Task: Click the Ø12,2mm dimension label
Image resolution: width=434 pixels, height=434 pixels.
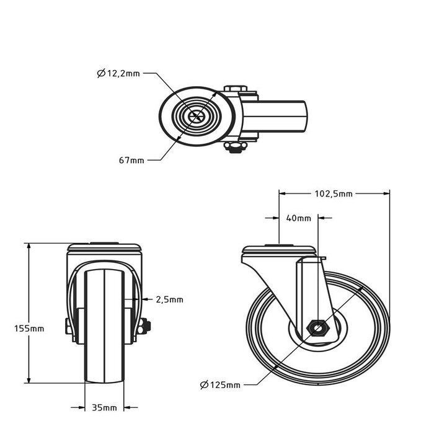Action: (119, 73)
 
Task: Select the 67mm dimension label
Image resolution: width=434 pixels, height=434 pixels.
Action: (131, 160)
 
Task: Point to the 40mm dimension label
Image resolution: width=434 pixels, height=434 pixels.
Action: (299, 218)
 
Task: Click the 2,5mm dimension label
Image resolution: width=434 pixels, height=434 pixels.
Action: (169, 299)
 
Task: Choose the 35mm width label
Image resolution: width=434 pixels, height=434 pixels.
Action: (104, 407)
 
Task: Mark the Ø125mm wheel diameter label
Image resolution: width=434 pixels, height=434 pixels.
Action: (220, 385)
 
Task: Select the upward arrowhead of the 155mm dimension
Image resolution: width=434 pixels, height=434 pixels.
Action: (29, 247)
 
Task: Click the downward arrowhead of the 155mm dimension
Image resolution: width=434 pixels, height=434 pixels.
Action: (29, 381)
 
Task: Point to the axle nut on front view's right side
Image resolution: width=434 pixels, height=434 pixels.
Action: (147, 324)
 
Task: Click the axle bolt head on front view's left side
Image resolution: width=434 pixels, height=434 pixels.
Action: (67, 325)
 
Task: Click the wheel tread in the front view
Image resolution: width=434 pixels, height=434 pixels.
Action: (104, 329)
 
